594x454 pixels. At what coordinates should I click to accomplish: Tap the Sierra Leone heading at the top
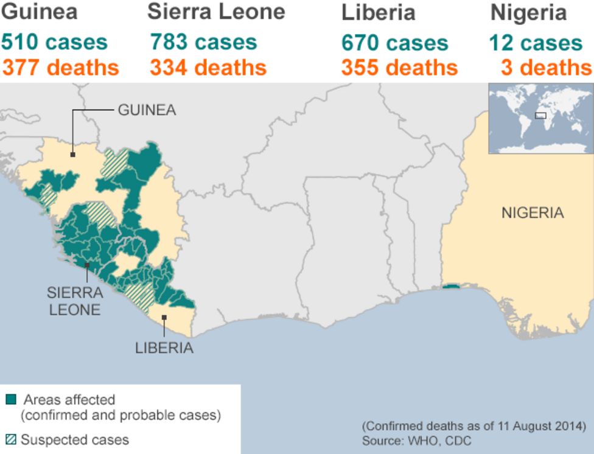216,12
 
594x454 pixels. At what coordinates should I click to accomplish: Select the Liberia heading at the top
378,12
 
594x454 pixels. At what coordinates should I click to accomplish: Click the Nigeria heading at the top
528,12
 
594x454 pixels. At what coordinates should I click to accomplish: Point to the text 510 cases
54,43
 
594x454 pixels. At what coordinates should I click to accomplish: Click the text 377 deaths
61,68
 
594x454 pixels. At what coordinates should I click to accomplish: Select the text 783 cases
203,43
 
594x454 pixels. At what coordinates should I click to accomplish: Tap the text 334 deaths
208,68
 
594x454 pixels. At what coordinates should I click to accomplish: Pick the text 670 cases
394,43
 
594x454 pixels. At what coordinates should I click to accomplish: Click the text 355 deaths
399,68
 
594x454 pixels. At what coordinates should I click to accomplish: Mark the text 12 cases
536,43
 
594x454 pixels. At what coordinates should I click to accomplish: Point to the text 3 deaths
546,68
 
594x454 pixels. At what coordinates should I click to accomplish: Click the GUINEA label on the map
147,110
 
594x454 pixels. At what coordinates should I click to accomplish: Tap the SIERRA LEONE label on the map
74,301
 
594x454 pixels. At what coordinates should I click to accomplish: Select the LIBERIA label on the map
164,348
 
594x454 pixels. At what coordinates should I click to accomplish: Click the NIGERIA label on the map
533,213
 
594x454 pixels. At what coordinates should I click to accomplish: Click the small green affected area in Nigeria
451,287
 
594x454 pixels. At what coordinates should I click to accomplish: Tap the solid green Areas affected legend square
11,400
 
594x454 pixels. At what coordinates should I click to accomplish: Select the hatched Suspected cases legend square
11,439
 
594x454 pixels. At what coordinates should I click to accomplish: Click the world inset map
540,119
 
